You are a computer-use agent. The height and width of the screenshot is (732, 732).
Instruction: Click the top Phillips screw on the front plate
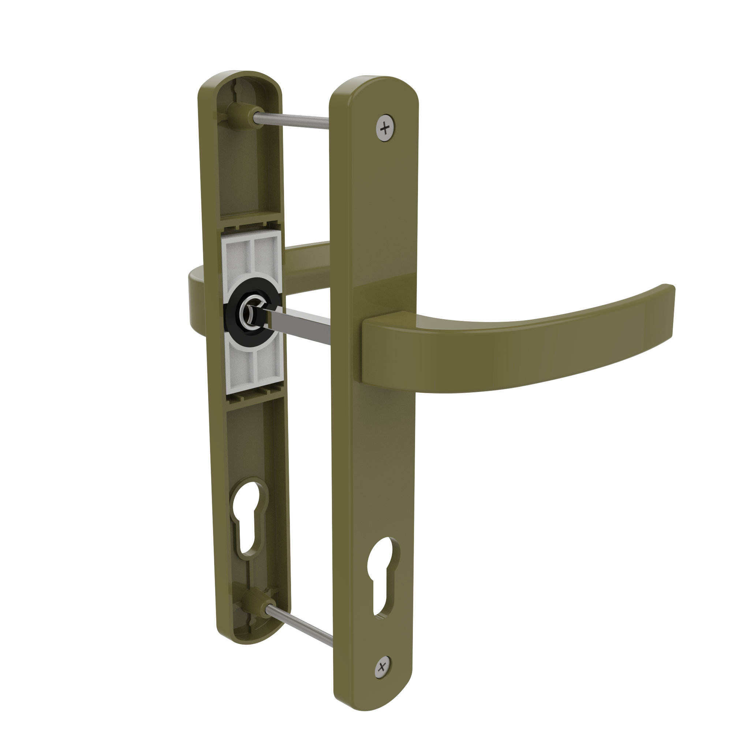pos(385,128)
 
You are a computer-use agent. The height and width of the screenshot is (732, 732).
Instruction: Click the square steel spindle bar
pos(299,324)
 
